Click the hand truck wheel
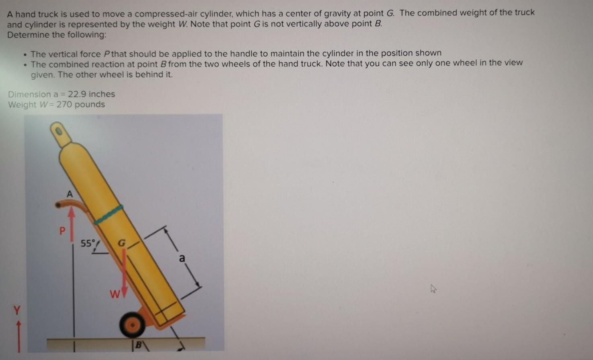(132, 325)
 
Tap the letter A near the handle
(70, 194)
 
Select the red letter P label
(62, 231)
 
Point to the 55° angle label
(88, 243)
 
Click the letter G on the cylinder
(121, 243)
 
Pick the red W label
(114, 294)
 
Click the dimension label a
(182, 258)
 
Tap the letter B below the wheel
(138, 345)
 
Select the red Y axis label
(16, 310)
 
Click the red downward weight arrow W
(124, 274)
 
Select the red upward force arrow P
(72, 224)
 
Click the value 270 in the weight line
(64, 105)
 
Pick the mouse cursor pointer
(433, 288)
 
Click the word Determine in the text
(25, 35)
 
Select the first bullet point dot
(25, 54)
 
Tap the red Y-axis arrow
(18, 336)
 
